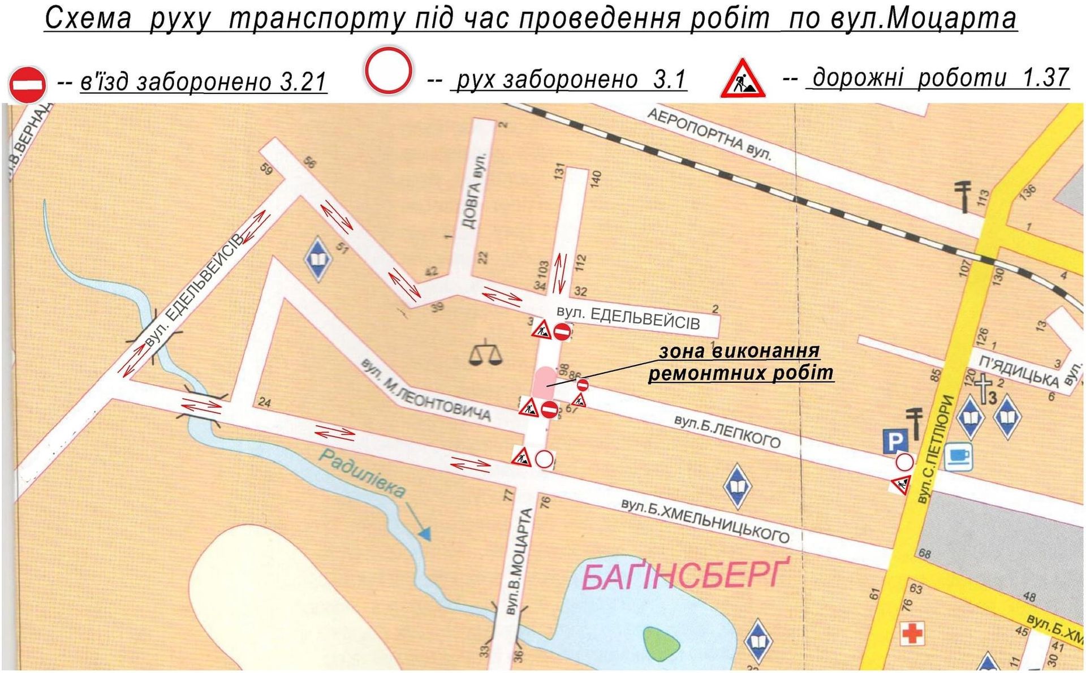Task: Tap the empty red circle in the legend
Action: [387, 71]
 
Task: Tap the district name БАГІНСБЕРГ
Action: [683, 576]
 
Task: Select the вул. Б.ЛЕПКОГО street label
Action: [727, 432]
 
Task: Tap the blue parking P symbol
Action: [895, 441]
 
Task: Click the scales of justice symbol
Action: [485, 355]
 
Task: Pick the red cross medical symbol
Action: [912, 632]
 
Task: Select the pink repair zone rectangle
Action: [544, 383]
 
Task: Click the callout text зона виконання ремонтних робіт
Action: [740, 362]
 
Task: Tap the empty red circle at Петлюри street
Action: [904, 462]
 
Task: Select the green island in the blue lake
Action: [661, 643]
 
